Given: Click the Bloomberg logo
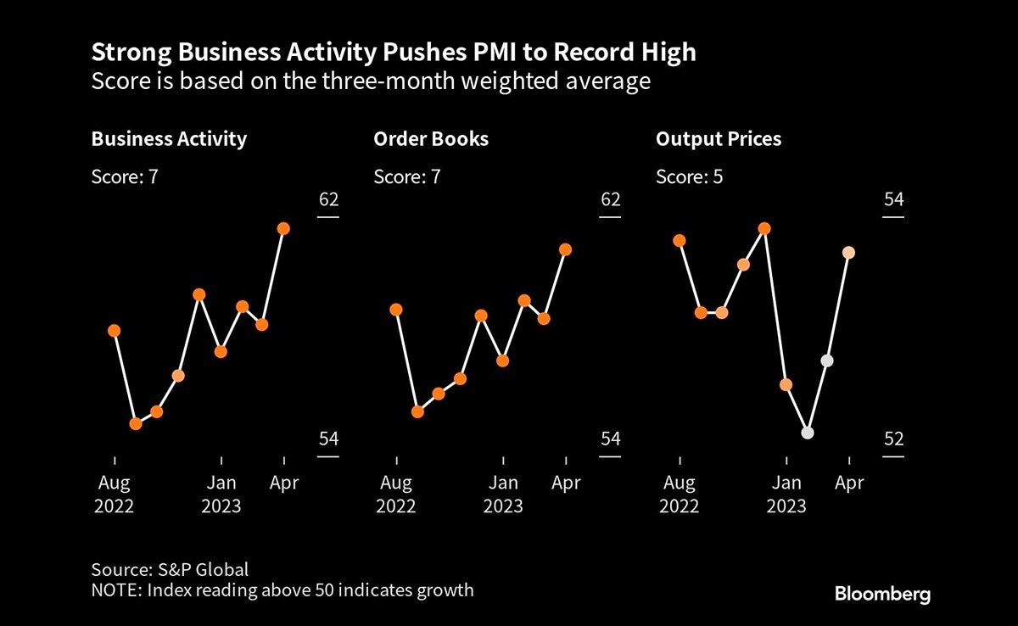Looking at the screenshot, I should pos(882,593).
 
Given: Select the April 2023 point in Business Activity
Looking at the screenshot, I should pos(283,229).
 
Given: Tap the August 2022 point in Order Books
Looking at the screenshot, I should pos(396,310).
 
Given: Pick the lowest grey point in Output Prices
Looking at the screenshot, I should pos(808,433).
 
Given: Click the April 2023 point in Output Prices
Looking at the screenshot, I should pos(848,253).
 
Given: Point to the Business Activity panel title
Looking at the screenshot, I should pos(169,139).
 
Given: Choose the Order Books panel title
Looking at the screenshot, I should pos(431,139).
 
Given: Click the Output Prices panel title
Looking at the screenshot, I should pos(719,139).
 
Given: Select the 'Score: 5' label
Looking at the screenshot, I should pos(690,177).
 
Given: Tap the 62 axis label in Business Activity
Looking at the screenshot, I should pos(328,200).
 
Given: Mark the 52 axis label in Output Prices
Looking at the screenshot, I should pos(893,439).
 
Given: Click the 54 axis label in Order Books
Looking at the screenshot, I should pos(611,439).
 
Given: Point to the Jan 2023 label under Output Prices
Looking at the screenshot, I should pos(786,495).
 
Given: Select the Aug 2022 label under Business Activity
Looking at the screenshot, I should pos(114,495).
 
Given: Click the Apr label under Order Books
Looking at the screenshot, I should pos(566,483).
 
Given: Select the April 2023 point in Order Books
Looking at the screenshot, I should pos(566,249).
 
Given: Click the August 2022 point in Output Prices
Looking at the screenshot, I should pos(679,241).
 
